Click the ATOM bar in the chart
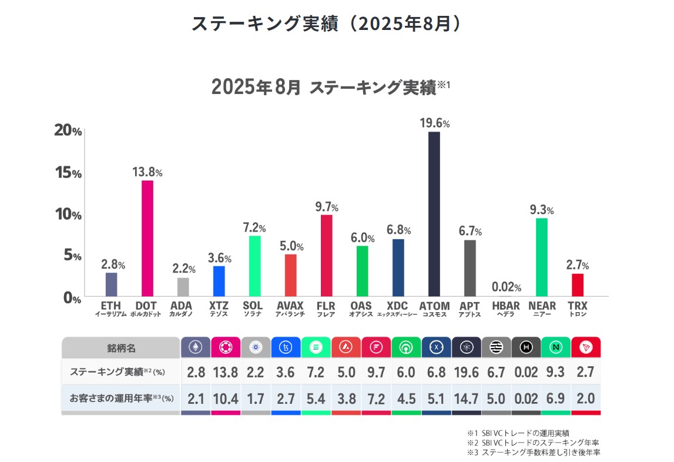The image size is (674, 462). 434,214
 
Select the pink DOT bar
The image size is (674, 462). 147,238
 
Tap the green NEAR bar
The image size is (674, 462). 542,257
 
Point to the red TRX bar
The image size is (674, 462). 578,284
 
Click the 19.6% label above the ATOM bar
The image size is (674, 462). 434,123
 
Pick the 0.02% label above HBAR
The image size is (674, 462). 506,287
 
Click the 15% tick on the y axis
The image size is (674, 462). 68,173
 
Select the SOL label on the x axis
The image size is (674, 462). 253,306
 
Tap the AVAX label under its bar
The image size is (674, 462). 290,306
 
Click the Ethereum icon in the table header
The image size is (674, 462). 195,348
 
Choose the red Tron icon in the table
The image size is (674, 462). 585,348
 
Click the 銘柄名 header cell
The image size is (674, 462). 121,348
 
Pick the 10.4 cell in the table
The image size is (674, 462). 226,399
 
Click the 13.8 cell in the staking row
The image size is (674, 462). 226,373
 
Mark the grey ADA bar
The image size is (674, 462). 183,287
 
